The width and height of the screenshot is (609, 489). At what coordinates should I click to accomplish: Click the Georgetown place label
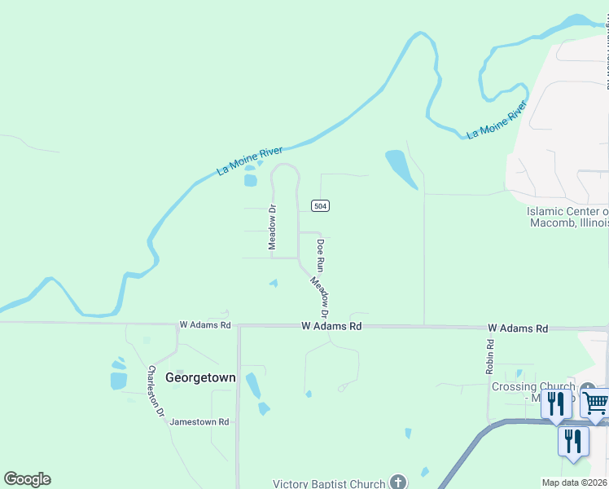[x=200, y=377]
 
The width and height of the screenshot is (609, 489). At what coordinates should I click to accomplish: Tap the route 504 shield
[x=321, y=206]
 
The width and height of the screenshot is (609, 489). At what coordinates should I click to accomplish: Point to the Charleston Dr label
[x=156, y=391]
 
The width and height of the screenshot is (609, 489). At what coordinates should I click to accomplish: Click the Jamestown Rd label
[x=199, y=422]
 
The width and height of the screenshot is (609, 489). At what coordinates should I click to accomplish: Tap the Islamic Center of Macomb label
[x=567, y=217]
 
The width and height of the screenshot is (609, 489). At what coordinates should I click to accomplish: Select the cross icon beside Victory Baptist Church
[x=398, y=482]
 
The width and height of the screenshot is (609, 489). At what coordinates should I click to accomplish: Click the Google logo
[x=27, y=479]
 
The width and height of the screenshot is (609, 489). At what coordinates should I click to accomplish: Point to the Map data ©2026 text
[x=575, y=482]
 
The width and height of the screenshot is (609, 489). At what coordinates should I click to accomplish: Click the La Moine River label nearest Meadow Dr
[x=249, y=161]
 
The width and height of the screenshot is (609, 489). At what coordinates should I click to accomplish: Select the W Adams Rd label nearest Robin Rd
[x=518, y=328]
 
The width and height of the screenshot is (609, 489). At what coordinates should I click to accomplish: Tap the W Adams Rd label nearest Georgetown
[x=204, y=325]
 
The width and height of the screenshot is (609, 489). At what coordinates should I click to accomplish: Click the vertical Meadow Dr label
[x=273, y=227]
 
